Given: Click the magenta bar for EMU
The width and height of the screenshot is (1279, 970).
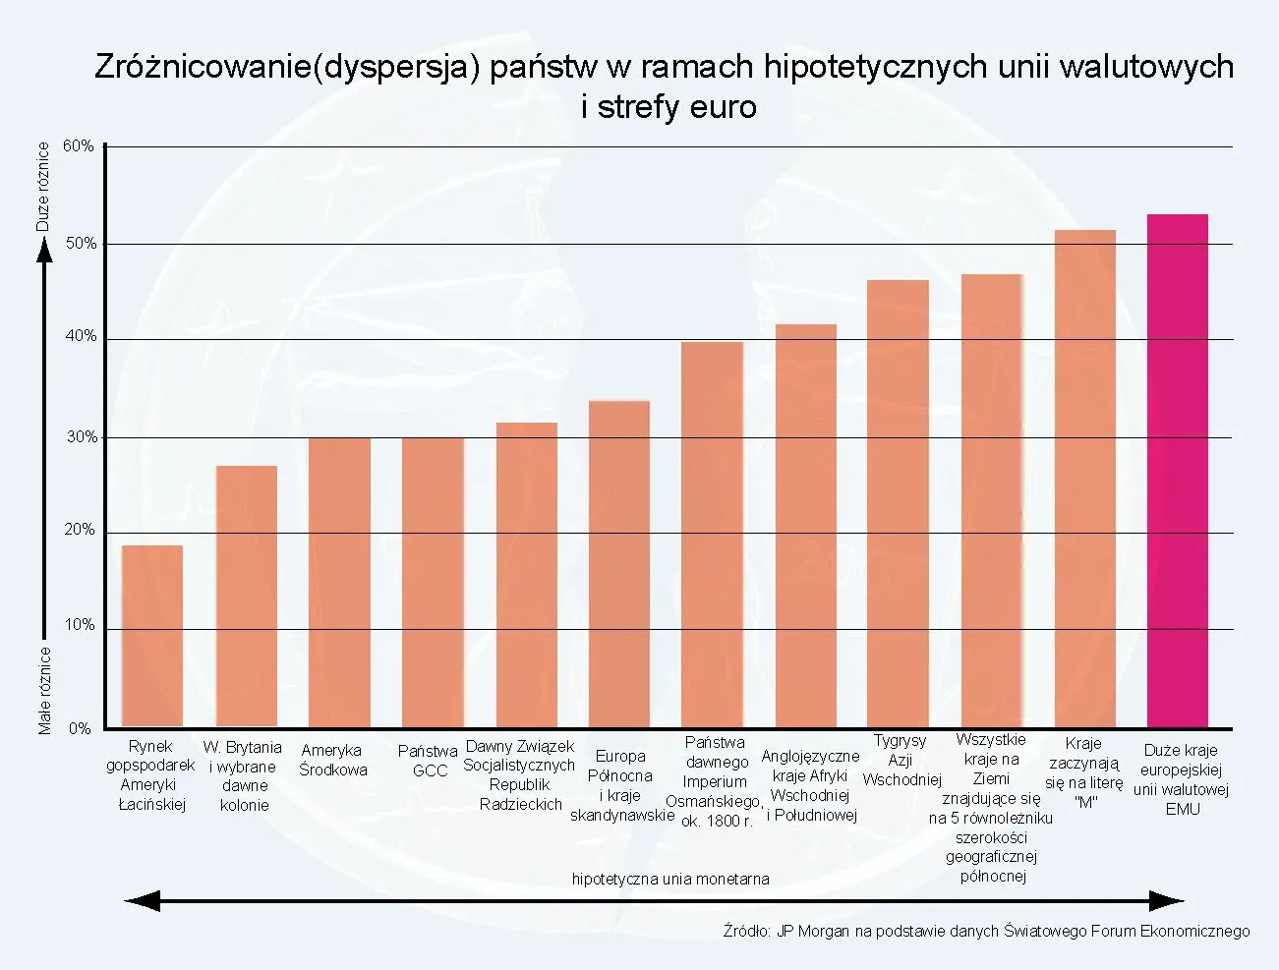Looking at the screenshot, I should pos(1177,472).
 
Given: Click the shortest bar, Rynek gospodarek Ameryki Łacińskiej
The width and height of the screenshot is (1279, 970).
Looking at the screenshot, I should pos(152,637).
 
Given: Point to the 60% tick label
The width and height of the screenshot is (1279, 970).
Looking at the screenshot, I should pos(79,146).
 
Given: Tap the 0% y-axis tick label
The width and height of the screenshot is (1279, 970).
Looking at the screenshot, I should pos(80,728).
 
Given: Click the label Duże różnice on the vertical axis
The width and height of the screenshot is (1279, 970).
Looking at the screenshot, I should pos(42,187).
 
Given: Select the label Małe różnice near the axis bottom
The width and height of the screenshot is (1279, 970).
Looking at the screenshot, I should pos(44,689).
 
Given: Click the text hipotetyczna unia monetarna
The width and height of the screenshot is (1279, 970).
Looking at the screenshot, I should pos(670,879).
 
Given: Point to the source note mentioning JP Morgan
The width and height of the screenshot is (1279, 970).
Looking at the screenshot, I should pos(986,931).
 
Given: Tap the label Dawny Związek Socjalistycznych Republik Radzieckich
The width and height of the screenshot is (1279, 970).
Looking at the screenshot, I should pos(519,775).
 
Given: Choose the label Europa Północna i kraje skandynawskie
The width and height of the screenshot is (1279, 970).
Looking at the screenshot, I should pos(620,785).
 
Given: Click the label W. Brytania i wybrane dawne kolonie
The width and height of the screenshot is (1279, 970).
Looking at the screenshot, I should pos(243,775).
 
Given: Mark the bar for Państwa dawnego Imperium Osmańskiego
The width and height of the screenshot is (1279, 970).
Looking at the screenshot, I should pos(712,536).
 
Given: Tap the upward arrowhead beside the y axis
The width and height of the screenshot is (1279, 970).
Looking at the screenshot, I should pos(44,253).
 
